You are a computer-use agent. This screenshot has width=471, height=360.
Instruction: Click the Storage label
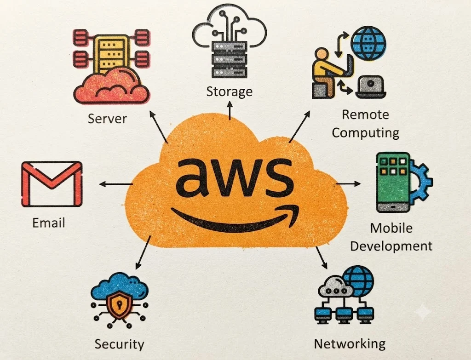[x=229, y=91]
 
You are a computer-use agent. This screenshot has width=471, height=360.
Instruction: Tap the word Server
[x=107, y=119]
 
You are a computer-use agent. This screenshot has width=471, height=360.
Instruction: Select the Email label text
[x=49, y=223]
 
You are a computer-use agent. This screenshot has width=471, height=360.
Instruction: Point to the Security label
[x=119, y=344]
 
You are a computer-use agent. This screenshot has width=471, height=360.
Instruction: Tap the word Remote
[x=365, y=114]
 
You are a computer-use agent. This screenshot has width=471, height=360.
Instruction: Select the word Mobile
[x=391, y=228]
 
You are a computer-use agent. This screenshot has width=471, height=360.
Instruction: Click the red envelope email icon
[x=52, y=184]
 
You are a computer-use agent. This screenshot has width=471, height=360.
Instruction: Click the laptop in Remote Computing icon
[x=371, y=87]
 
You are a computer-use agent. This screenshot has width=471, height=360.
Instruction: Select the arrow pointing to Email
[x=116, y=184]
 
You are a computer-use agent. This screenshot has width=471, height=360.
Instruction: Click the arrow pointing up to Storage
[x=230, y=110]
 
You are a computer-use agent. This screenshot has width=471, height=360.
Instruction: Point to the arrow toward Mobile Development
[x=348, y=183]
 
